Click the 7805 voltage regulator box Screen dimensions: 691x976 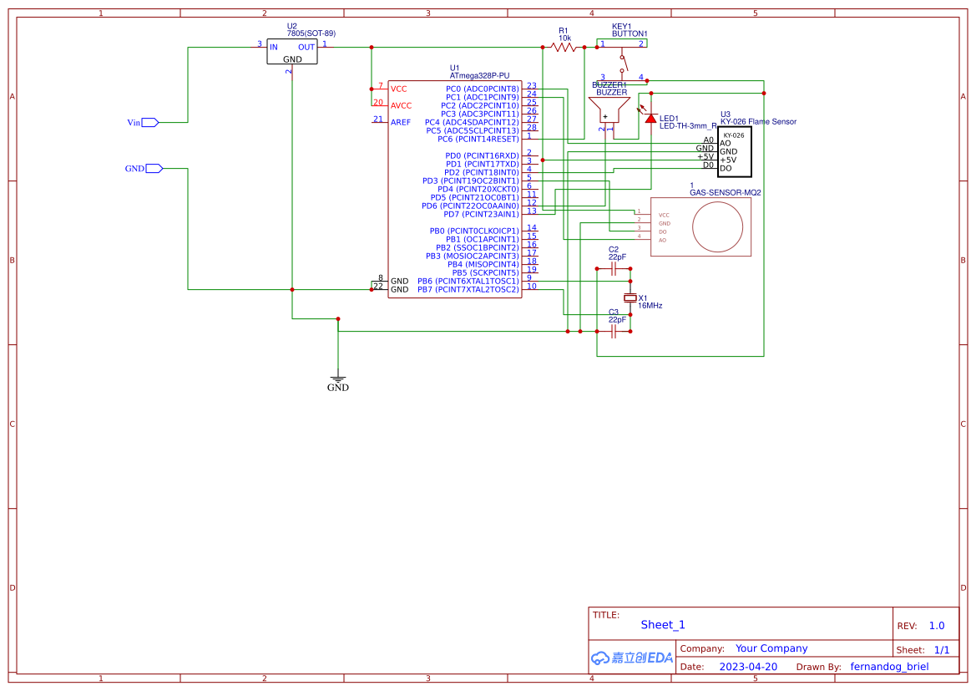(x=292, y=53)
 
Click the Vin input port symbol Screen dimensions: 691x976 (x=149, y=122)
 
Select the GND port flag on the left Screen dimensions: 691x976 (x=154, y=168)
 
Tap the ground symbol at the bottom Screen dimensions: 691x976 (x=337, y=379)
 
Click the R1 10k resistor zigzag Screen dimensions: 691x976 (x=565, y=48)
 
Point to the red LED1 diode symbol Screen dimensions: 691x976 (x=650, y=118)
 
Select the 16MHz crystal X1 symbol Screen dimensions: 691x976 (x=630, y=298)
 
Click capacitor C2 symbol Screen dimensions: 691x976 (x=614, y=269)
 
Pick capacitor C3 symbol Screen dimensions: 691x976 (x=614, y=332)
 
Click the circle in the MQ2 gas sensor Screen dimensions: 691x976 (x=719, y=226)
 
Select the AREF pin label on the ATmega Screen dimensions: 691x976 (x=401, y=122)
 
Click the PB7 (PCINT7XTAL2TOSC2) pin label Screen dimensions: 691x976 (x=468, y=289)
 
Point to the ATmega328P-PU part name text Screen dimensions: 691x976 (x=479, y=76)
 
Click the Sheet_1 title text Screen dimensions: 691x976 (x=663, y=624)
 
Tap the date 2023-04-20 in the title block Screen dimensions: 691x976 (x=748, y=667)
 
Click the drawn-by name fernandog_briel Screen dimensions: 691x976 (x=889, y=667)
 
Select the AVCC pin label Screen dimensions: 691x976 (x=402, y=105)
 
